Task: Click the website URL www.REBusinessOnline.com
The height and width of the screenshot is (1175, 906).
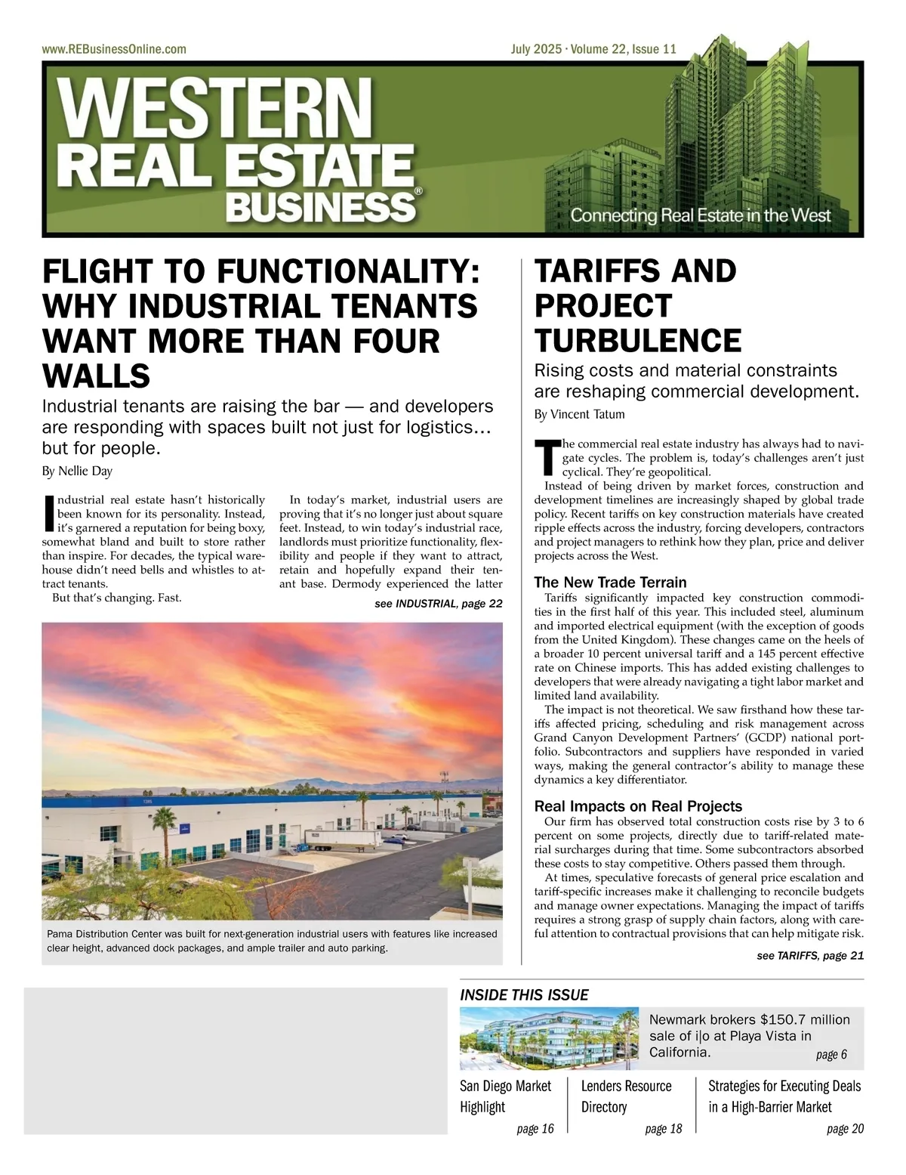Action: pos(114,49)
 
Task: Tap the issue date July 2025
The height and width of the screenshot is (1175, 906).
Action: pos(536,49)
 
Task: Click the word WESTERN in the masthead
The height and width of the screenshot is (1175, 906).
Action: pos(215,107)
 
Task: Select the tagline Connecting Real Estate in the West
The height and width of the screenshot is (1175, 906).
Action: pos(700,215)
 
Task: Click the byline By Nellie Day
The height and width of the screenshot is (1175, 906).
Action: pos(77,471)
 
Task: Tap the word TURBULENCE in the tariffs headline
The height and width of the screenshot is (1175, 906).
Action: pos(638,341)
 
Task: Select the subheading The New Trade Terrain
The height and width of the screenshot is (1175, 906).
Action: pos(610,582)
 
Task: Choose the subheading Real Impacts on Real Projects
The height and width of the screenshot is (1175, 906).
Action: pos(638,805)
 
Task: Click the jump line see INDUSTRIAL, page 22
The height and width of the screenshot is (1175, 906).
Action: pos(438,604)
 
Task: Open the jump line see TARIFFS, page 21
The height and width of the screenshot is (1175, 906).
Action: pos(809,955)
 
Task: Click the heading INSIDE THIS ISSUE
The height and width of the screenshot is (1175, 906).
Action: pos(524,994)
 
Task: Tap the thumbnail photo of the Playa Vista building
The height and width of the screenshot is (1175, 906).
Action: pos(549,1037)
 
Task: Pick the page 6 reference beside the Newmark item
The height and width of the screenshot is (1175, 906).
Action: pos(831,1054)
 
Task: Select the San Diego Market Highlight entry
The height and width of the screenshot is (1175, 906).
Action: pos(505,1096)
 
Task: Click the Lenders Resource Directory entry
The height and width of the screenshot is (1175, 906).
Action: pos(626,1096)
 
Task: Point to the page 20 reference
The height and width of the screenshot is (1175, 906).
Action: pos(845,1128)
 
